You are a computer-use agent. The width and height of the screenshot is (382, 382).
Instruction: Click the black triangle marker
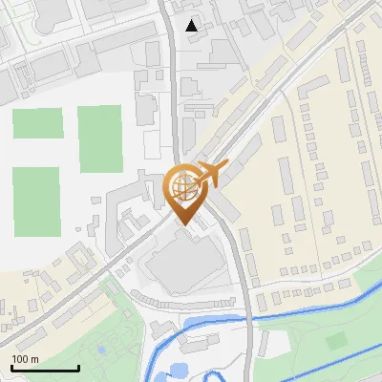point(193,26)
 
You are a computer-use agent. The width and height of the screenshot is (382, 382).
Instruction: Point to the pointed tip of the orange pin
point(181,225)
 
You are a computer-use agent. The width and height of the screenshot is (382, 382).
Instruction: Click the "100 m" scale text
point(26,358)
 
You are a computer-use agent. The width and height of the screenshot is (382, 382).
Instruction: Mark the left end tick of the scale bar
point(11,367)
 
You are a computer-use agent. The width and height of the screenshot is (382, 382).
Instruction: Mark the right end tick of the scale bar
point(78,367)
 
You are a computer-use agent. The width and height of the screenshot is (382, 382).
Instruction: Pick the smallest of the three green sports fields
point(37,123)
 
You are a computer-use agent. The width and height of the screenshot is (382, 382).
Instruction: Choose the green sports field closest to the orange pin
point(99,138)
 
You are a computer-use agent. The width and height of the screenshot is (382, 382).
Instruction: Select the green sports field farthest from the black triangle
point(36,201)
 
